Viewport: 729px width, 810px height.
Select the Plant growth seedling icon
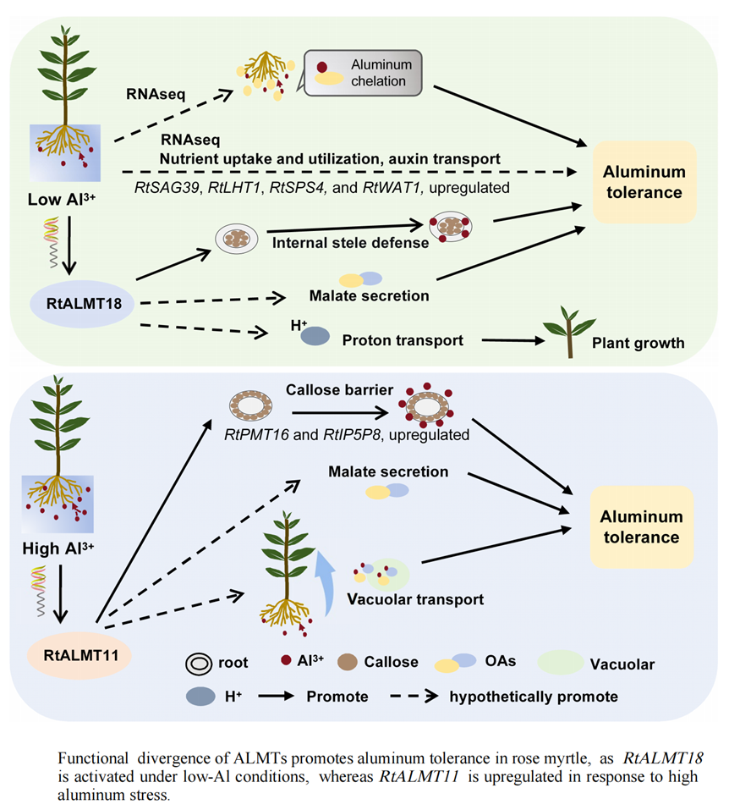(x=566, y=329)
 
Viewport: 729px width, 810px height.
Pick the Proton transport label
(x=403, y=340)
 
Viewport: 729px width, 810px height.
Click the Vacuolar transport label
(x=415, y=598)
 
